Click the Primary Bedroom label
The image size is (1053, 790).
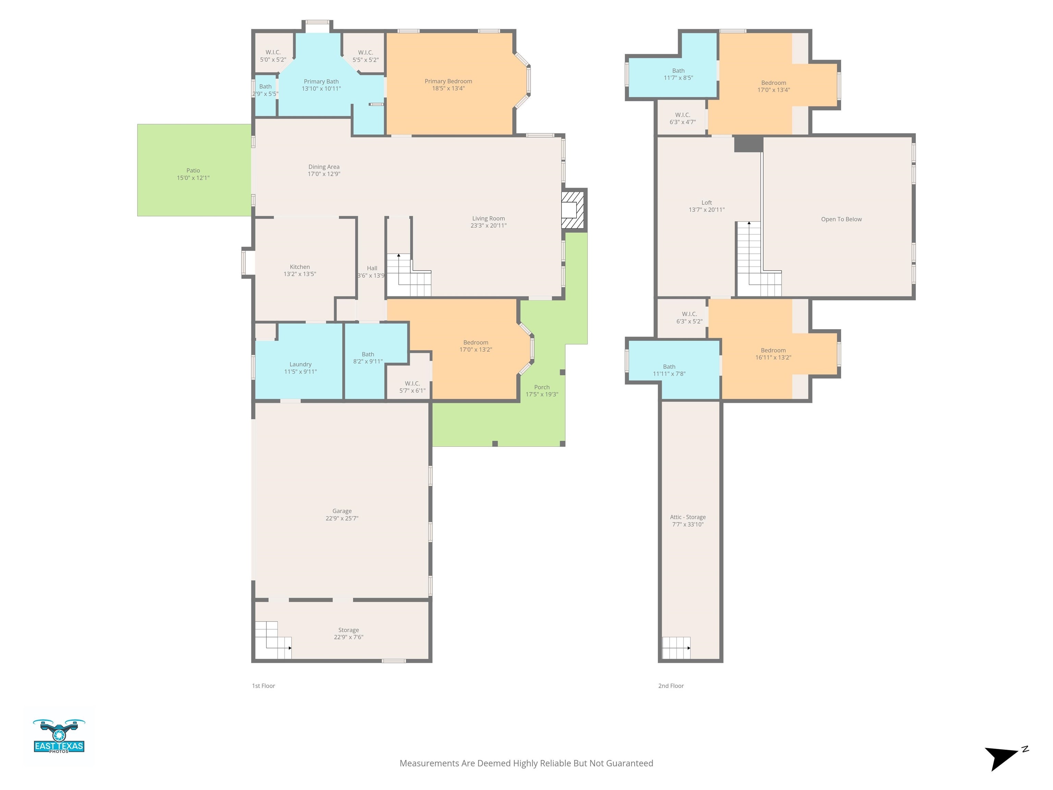[x=448, y=81]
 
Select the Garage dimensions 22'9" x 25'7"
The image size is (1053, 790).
[x=342, y=518]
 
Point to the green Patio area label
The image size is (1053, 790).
[x=193, y=170]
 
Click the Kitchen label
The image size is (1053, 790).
[x=300, y=267]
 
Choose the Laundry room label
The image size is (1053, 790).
[x=300, y=364]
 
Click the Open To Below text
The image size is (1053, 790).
[x=841, y=219]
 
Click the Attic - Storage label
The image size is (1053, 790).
[x=687, y=517]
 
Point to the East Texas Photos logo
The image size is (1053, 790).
[x=59, y=736]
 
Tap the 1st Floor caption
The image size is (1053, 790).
[x=263, y=686]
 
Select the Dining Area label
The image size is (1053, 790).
[x=323, y=167]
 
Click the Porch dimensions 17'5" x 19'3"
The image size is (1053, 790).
[x=542, y=394]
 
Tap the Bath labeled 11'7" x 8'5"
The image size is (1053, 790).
[x=678, y=74]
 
